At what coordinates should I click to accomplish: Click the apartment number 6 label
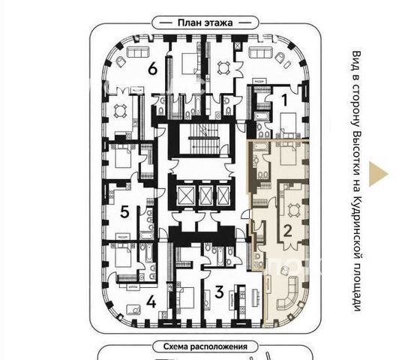click(153, 69)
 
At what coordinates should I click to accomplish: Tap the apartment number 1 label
click(284, 100)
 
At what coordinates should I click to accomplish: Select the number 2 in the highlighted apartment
click(287, 230)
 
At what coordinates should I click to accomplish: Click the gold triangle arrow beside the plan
click(378, 174)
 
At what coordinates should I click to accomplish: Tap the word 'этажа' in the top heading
click(219, 22)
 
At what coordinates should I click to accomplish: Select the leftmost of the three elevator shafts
click(186, 196)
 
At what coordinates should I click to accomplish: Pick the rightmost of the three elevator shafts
click(223, 196)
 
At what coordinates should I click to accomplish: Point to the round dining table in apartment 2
click(294, 210)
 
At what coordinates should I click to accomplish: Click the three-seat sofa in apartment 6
click(138, 52)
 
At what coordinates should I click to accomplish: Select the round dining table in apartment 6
click(121, 111)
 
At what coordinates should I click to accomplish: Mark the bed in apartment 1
click(288, 123)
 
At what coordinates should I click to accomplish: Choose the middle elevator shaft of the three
click(205, 196)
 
